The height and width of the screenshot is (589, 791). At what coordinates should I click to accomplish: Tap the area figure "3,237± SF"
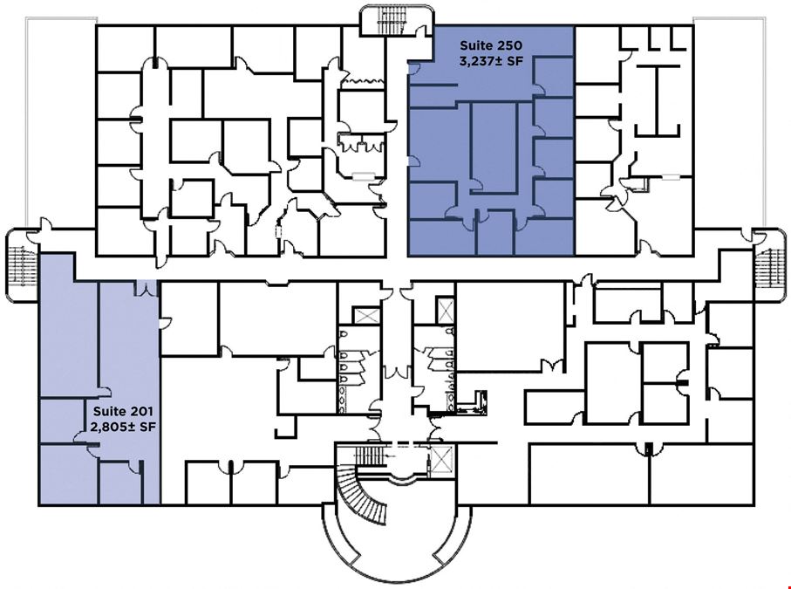491,62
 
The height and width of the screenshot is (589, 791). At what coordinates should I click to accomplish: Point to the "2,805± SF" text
123,427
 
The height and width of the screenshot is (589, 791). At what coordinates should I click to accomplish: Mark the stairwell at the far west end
22,266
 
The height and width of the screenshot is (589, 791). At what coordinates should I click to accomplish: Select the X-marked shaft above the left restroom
367,316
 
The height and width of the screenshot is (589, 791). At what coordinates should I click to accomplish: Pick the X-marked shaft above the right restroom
446,311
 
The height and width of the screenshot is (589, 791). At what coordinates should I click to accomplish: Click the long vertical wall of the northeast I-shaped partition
658,100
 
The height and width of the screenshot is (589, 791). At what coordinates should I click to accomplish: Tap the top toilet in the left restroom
343,335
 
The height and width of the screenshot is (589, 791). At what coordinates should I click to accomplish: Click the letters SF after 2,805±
147,427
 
